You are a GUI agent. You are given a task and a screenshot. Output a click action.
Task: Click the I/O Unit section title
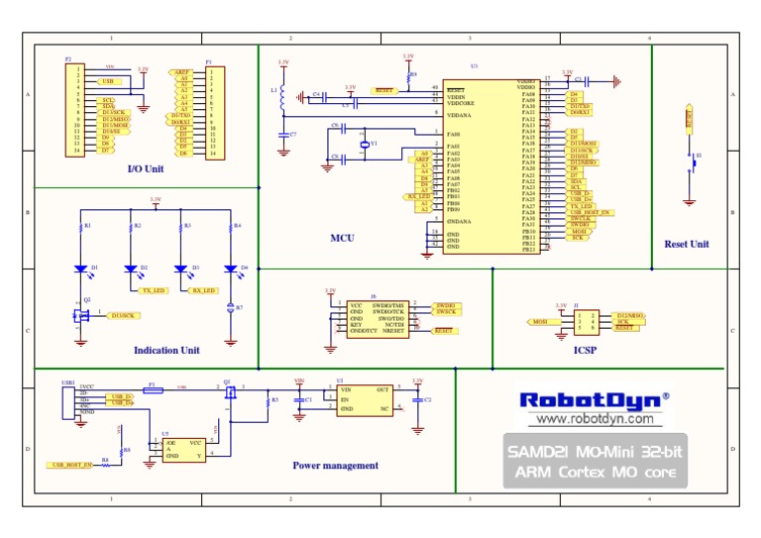(146, 168)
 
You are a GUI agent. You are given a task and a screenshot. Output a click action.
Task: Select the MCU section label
(343, 238)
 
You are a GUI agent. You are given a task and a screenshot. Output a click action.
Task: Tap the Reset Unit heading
(687, 244)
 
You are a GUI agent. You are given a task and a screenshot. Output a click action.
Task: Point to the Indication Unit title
(166, 350)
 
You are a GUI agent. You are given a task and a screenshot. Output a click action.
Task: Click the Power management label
(335, 465)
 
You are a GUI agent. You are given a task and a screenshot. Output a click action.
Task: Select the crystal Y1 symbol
(364, 146)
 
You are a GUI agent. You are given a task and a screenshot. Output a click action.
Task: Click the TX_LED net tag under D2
(154, 291)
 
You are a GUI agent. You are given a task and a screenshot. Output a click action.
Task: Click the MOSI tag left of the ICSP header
(540, 322)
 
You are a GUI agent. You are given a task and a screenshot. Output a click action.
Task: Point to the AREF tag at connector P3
(181, 72)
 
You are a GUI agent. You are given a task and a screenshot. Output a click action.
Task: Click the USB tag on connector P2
(109, 81)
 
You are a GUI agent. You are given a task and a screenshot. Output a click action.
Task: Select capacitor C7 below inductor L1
(283, 133)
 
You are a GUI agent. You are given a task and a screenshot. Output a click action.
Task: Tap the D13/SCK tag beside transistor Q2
(124, 315)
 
